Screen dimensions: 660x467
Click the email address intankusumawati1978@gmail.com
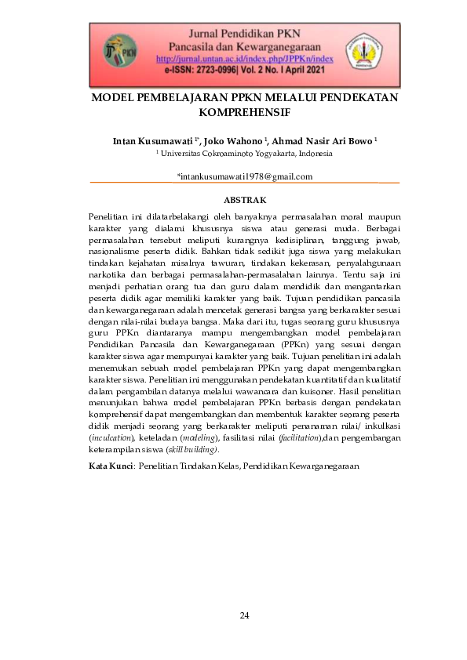click(x=245, y=176)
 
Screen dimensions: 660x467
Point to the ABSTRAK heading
click(x=245, y=201)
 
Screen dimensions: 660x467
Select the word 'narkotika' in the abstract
click(x=107, y=276)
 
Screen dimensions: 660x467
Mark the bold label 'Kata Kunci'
click(x=111, y=466)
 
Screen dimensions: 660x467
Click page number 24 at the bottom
click(x=244, y=615)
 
